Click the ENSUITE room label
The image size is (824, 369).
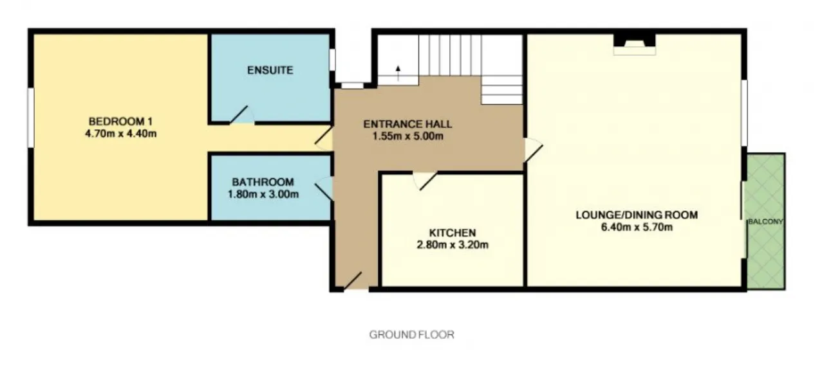[270, 70]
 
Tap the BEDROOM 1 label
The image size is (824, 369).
[120, 122]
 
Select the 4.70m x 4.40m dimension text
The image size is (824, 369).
[120, 134]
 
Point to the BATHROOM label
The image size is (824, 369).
[263, 182]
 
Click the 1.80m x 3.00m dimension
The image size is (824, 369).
[263, 194]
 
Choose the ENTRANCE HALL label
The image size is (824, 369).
[407, 124]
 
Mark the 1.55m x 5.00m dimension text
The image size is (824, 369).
[407, 136]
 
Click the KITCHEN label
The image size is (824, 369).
[453, 233]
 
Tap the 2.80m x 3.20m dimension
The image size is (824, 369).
[453, 245]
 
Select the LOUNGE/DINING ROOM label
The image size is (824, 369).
[637, 215]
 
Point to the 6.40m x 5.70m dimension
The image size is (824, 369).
[637, 227]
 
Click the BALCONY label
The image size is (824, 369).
[765, 222]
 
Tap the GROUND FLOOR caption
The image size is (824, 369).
[411, 335]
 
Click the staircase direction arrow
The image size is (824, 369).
[398, 73]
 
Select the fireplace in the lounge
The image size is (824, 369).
[635, 44]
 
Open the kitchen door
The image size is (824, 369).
[426, 181]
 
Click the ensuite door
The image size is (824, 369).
[242, 114]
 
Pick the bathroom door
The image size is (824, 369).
[324, 188]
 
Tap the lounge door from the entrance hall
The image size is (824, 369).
[534, 150]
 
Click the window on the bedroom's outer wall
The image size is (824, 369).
[30, 118]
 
